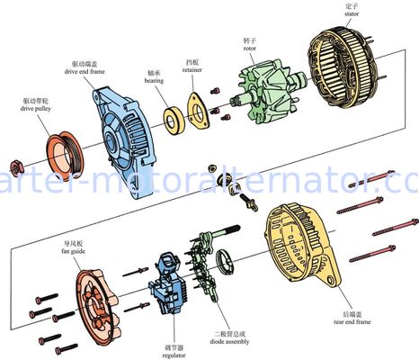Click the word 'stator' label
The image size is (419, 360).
pyautogui.click(x=352, y=15)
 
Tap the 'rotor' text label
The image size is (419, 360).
pyautogui.click(x=250, y=49)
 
